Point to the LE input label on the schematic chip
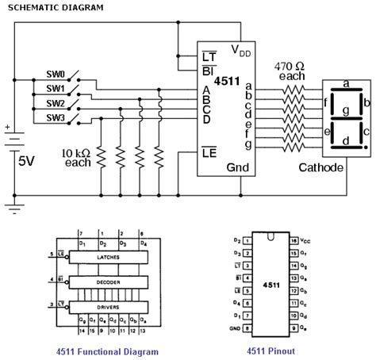coord(209,151)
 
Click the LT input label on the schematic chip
coord(209,56)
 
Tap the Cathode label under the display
coord(321,168)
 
